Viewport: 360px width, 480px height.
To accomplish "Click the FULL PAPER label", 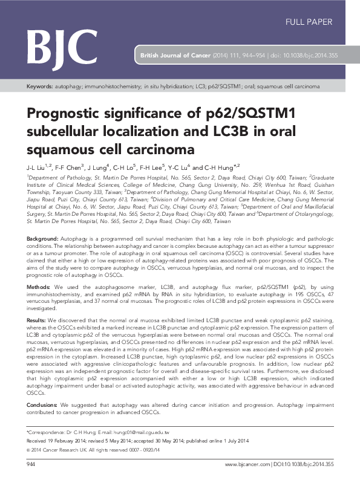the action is (309, 22).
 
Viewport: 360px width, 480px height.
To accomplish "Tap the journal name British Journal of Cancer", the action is (175, 55).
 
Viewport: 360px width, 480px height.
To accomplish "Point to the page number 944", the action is (32, 464).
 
